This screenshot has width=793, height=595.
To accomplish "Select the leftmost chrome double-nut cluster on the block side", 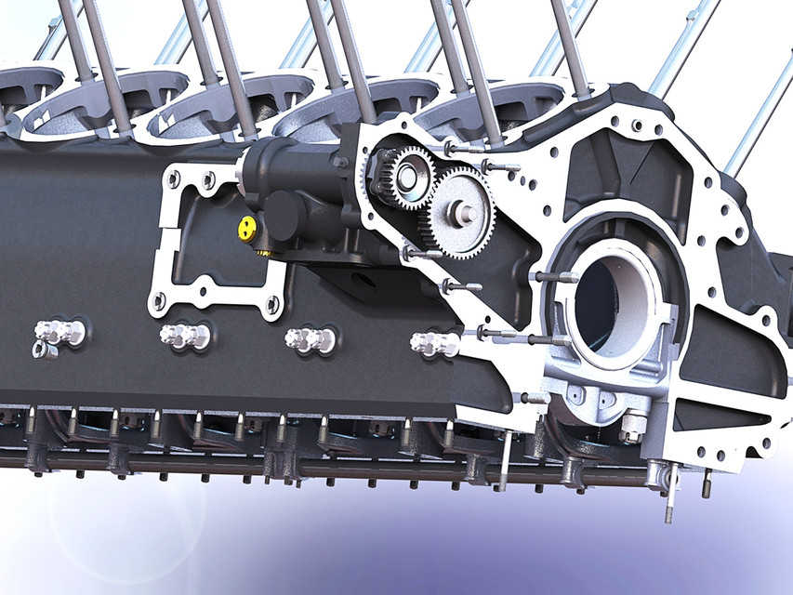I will click(59, 331).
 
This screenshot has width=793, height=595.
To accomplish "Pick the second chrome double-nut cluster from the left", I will click(184, 336).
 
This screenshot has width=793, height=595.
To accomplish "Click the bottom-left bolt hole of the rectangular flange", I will click(159, 300).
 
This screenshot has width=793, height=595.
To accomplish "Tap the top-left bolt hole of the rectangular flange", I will click(172, 174).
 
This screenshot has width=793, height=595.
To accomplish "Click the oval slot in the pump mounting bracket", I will click(363, 278).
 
